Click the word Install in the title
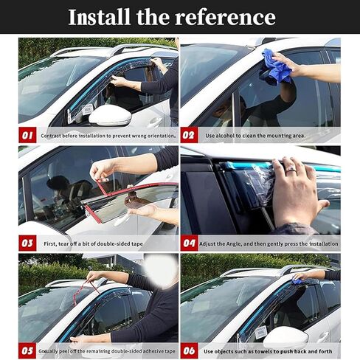pyautogui.click(x=99, y=17)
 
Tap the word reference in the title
pyautogui.click(x=226, y=17)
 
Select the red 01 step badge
pyautogui.click(x=27, y=135)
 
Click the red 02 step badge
pyautogui.click(x=189, y=135)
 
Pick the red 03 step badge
pyautogui.click(x=27, y=243)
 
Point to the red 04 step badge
pyautogui.click(x=189, y=243)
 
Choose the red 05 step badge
pyautogui.click(x=27, y=350)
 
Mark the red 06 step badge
pyautogui.click(x=189, y=350)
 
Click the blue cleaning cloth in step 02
pyautogui.click(x=277, y=67)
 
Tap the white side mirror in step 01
pyautogui.click(x=110, y=115)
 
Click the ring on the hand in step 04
pyautogui.click(x=291, y=170)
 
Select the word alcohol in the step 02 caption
pyautogui.click(x=225, y=136)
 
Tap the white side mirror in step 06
pyautogui.click(x=285, y=336)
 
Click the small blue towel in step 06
pyautogui.click(x=297, y=281)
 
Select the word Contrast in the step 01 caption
pyautogui.click(x=51, y=136)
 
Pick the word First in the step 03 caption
pyautogui.click(x=50, y=244)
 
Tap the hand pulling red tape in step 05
pyautogui.click(x=94, y=276)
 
